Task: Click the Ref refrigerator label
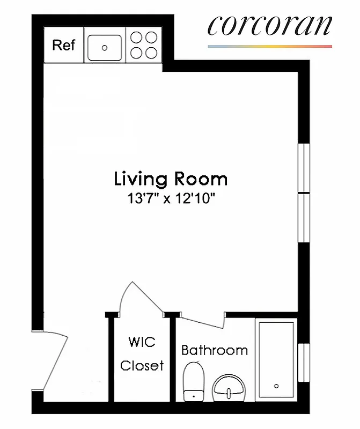pyautogui.click(x=63, y=45)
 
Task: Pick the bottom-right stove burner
pyautogui.click(x=151, y=53)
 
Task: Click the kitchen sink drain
pyautogui.click(x=105, y=48)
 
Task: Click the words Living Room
pyautogui.click(x=171, y=179)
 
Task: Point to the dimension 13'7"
pyautogui.click(x=142, y=199)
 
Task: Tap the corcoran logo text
pyautogui.click(x=270, y=25)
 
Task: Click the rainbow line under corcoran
pyautogui.click(x=270, y=47)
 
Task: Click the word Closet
pyautogui.click(x=142, y=366)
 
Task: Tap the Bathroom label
pyautogui.click(x=215, y=351)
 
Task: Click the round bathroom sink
pyautogui.click(x=230, y=387)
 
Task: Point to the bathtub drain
pyautogui.click(x=276, y=386)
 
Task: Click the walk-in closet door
pyautogui.click(x=141, y=298)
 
